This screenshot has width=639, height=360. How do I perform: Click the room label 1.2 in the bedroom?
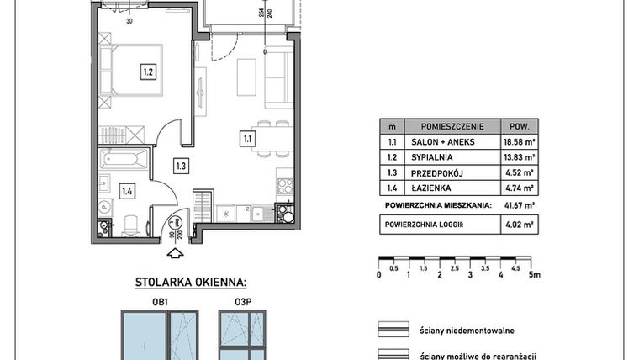(x=147, y=72)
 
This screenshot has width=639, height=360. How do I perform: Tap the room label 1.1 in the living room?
(x=248, y=139)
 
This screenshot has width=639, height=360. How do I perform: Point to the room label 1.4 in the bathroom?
(x=126, y=192)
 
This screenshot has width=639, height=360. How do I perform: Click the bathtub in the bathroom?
(x=124, y=159)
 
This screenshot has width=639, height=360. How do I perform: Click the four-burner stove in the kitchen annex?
(x=285, y=186)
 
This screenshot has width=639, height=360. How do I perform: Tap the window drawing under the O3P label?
(x=242, y=336)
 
